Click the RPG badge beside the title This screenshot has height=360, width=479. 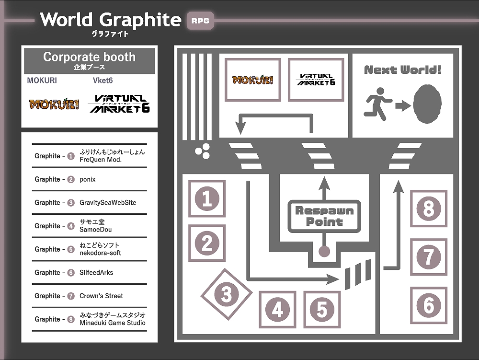tap(200, 21)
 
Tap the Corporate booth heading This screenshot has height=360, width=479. tap(89, 57)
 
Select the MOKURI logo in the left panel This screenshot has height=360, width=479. tap(54, 104)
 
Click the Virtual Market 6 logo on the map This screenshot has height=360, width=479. tap(316, 80)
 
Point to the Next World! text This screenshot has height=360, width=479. tap(403, 70)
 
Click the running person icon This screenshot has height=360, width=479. tap(377, 104)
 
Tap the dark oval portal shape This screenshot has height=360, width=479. tap(427, 104)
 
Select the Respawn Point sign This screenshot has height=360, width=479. tap(324, 216)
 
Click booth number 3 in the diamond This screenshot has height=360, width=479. tap(227, 294)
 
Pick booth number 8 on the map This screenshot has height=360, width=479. tap(429, 209)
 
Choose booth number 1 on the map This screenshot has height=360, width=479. tap(207, 198)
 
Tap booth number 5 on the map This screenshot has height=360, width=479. tap(322, 310)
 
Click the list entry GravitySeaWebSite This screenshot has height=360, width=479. tap(108, 203)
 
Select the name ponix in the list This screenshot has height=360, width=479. tap(87, 179)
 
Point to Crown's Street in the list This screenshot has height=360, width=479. tap(101, 296)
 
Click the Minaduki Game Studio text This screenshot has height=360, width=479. tap(113, 323)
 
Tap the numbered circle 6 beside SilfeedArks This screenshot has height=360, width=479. tap(71, 273)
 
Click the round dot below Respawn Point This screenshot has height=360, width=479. tap(324, 252)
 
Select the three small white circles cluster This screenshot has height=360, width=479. tap(203, 151)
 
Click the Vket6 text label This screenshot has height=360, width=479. tap(103, 81)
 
